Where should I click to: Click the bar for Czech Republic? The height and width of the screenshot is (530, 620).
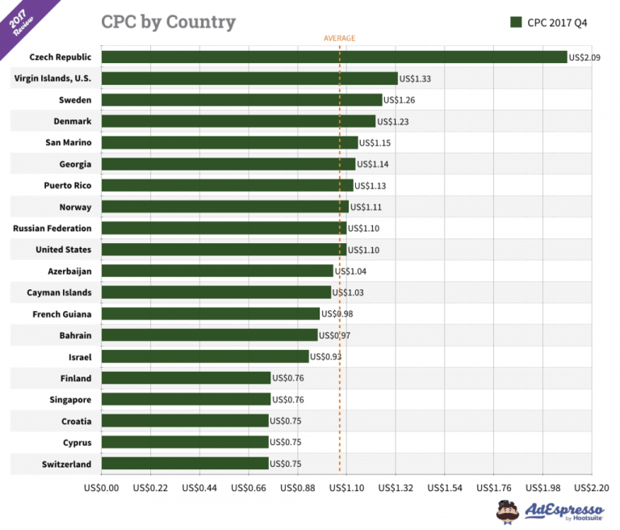[x=334, y=57]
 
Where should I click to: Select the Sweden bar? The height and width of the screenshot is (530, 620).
[x=242, y=100]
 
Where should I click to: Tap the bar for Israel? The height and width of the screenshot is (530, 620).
[x=206, y=356]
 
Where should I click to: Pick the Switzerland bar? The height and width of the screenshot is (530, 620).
[x=186, y=464]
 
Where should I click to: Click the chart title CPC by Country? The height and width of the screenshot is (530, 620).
[x=168, y=22]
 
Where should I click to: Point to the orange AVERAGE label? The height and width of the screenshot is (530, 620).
[x=339, y=38]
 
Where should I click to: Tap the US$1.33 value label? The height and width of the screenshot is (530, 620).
[x=417, y=78]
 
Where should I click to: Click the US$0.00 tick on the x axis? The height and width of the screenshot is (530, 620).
[x=102, y=488]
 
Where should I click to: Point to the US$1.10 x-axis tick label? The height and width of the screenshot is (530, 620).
[x=347, y=488]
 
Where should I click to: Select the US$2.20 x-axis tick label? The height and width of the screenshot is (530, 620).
[x=592, y=488]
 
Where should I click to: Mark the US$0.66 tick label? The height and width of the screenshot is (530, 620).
[x=249, y=488]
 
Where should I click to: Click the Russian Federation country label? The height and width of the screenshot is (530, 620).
[x=52, y=229]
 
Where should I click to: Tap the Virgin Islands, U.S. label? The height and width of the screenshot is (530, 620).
[x=52, y=78]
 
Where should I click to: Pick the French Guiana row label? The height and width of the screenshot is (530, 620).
[x=62, y=313]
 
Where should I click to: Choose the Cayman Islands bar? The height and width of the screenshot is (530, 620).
[x=216, y=292]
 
